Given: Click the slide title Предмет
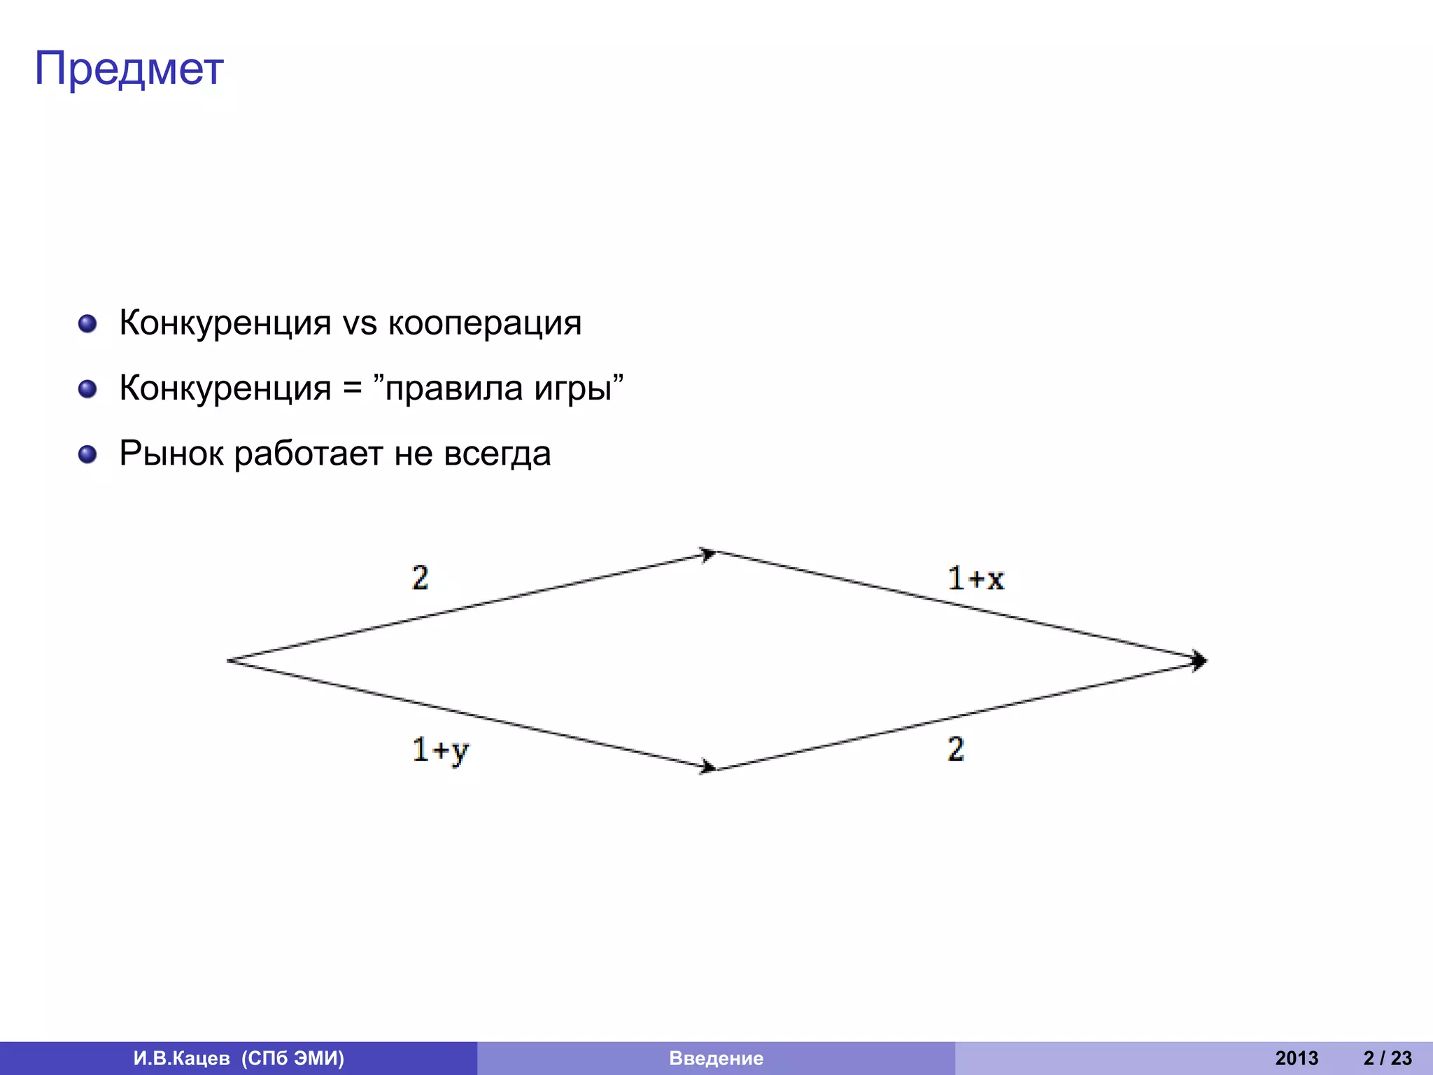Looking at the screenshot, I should (129, 69).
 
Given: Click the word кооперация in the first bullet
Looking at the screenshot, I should (484, 323).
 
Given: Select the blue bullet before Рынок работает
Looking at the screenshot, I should (87, 455).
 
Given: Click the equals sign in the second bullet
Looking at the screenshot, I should (352, 389).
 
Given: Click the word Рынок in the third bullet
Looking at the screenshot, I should (171, 454).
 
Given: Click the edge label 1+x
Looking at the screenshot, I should (975, 579).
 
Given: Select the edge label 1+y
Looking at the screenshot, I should (440, 751).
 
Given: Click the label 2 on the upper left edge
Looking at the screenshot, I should (420, 578).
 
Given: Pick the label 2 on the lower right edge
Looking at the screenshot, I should (956, 750).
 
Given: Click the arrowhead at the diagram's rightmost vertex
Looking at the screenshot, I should (1199, 661).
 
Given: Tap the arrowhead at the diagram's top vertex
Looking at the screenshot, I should (708, 554).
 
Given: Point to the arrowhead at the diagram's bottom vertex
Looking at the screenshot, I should (708, 767).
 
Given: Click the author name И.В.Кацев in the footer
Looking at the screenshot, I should (181, 1058).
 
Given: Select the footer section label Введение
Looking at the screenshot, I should (716, 1058).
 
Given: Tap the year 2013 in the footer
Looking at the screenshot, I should (1296, 1058).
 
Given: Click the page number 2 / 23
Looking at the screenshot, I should (1387, 1058).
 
